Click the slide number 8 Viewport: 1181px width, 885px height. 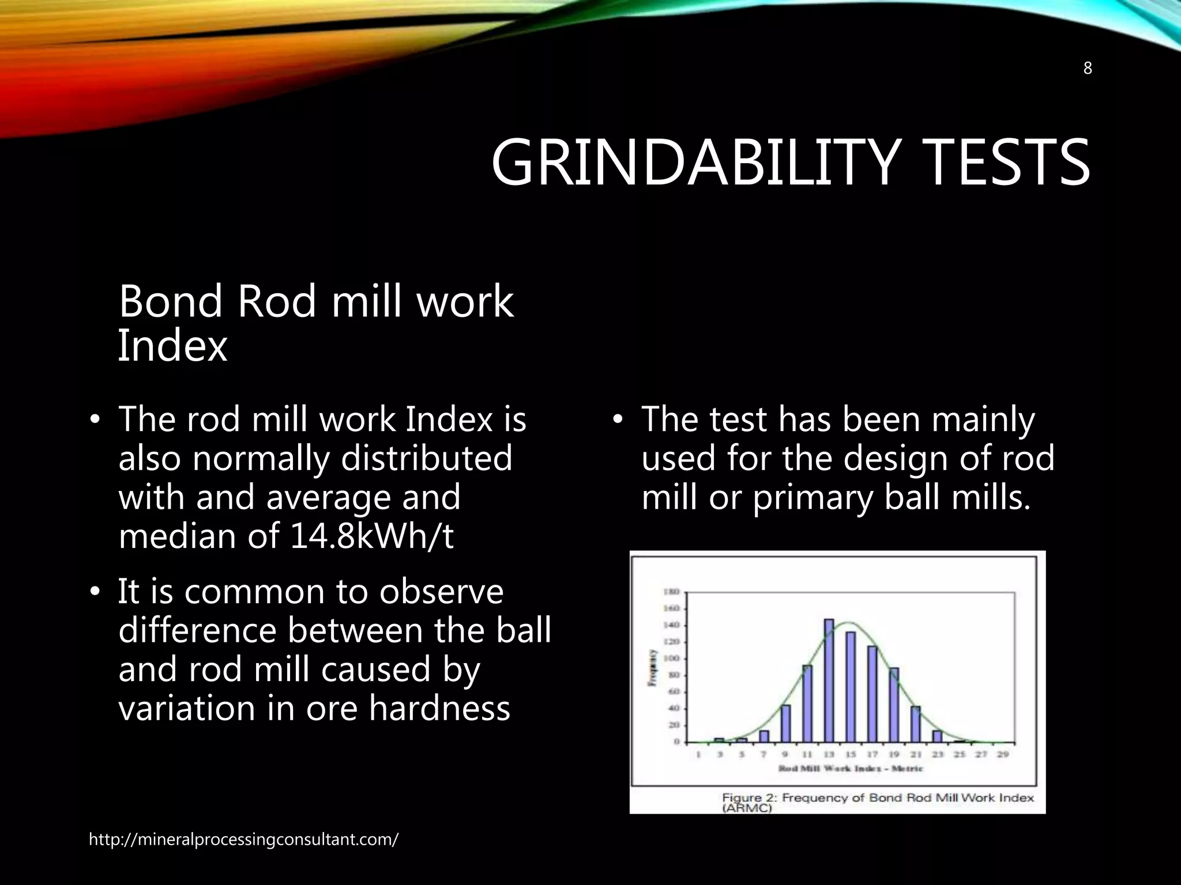click(1087, 69)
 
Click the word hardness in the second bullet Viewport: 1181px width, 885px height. click(439, 708)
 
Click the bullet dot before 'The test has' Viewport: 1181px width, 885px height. click(618, 420)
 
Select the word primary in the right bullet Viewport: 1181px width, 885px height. click(815, 498)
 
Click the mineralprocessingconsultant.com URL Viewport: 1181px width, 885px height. click(243, 839)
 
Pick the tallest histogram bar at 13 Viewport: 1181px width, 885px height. click(829, 680)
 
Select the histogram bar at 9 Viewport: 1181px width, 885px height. click(785, 723)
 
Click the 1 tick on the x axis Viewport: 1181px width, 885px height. click(698, 754)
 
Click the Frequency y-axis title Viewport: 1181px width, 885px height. click(653, 667)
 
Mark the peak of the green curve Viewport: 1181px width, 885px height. click(848, 622)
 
